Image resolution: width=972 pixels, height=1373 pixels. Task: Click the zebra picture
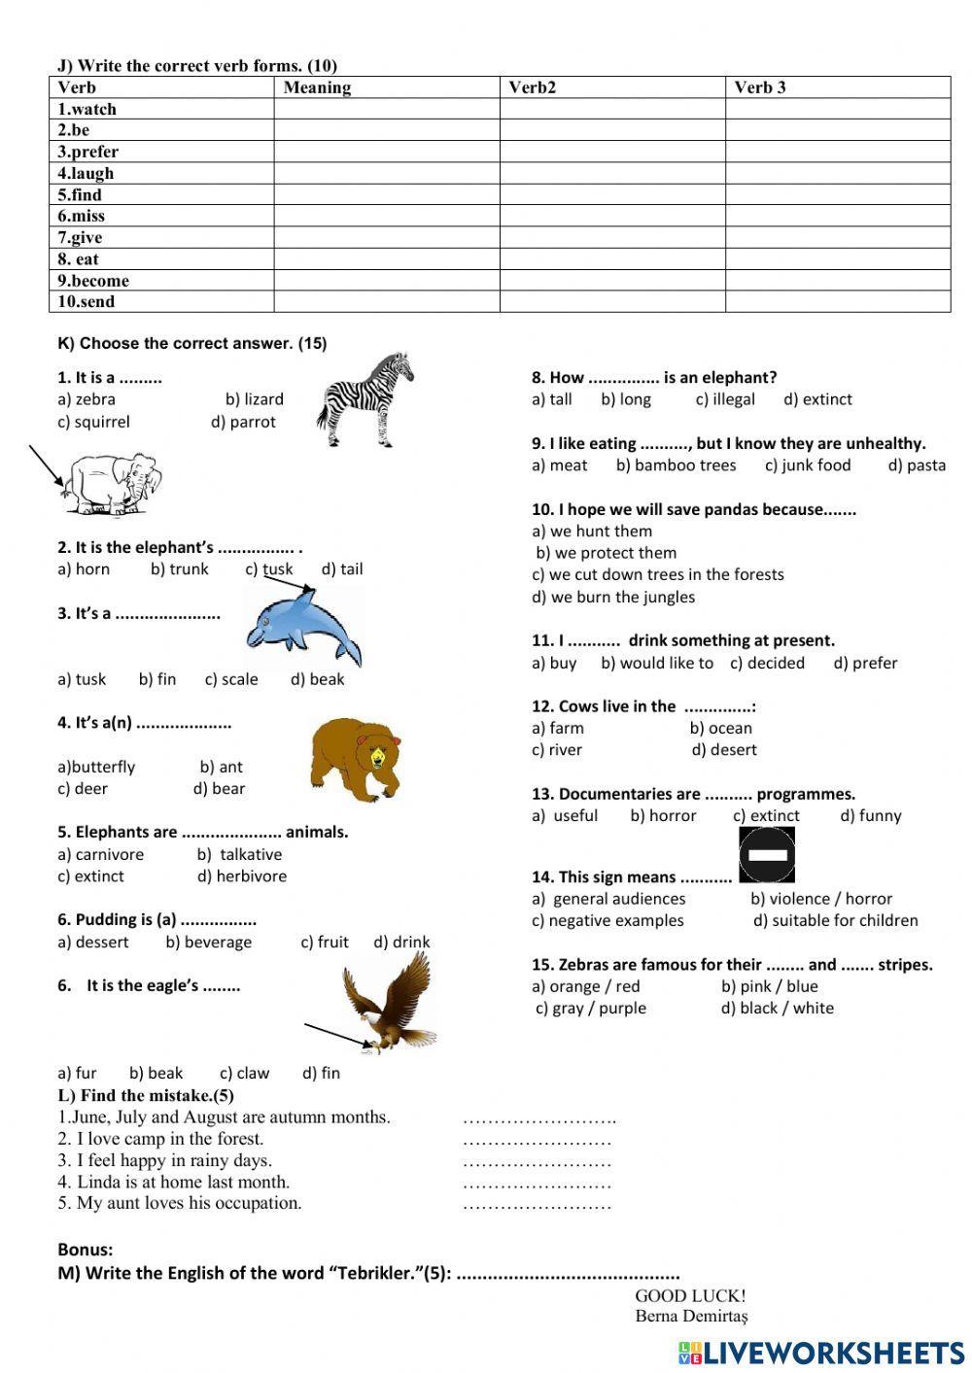pyautogui.click(x=364, y=400)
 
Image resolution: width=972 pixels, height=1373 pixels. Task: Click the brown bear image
pyautogui.click(x=355, y=759)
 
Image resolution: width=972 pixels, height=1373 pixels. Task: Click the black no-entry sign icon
pyautogui.click(x=767, y=854)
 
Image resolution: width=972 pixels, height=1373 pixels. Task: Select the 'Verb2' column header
pyautogui.click(x=533, y=87)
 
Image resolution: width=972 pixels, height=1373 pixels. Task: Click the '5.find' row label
pyautogui.click(x=80, y=194)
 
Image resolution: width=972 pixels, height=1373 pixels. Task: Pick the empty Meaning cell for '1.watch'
pyautogui.click(x=386, y=109)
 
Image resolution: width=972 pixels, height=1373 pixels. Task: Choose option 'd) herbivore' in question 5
pyautogui.click(x=242, y=875)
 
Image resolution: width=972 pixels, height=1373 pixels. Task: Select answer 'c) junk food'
pyautogui.click(x=807, y=465)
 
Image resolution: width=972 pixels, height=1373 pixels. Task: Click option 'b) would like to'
pyautogui.click(x=656, y=663)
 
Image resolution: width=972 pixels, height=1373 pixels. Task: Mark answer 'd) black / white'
pyautogui.click(x=777, y=1008)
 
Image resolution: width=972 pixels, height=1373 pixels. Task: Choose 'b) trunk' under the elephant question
pyautogui.click(x=179, y=568)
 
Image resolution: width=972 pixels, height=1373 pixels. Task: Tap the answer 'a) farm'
pyautogui.click(x=558, y=728)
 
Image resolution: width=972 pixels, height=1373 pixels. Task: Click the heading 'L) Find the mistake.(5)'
pyautogui.click(x=146, y=1095)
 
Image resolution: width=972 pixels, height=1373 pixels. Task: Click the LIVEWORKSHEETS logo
pyautogui.click(x=820, y=1353)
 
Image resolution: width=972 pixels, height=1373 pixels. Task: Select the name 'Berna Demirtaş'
pyautogui.click(x=691, y=1316)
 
